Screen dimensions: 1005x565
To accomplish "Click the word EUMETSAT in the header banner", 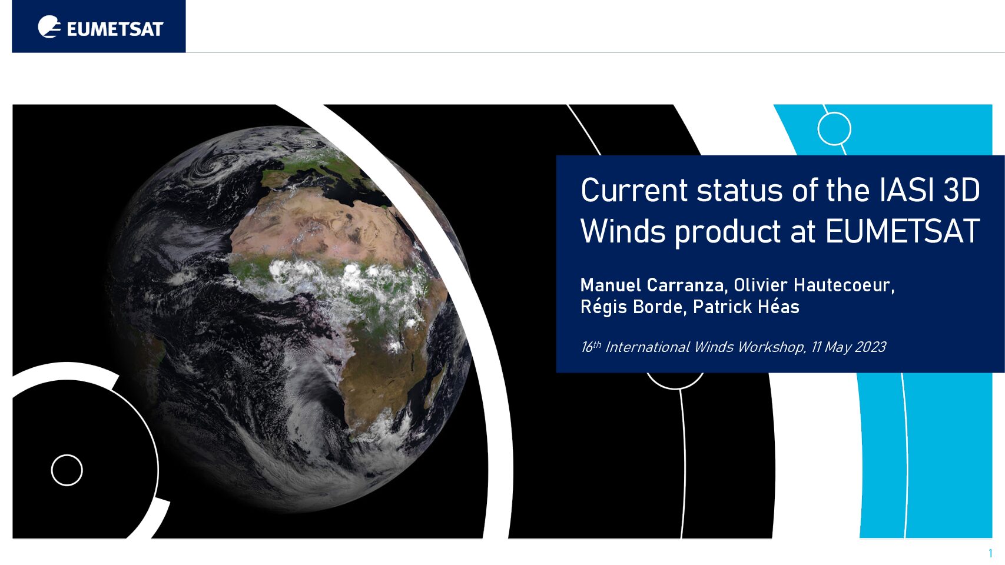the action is (115, 29).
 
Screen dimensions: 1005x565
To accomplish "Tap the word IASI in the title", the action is (907, 190).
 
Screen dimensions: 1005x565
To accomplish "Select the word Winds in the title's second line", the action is (623, 231).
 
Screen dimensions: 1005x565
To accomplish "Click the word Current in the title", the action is (634, 191).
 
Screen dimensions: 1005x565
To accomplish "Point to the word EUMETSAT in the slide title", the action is (902, 231).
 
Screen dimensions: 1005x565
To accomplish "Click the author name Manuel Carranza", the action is (654, 285).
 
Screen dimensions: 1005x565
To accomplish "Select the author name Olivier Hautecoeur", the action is (814, 285).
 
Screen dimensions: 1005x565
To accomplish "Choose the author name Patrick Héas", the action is (746, 307).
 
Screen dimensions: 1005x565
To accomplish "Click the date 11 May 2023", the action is (848, 347).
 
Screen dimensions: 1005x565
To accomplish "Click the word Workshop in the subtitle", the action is (771, 347).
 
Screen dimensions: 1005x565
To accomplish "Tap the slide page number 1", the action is (990, 553).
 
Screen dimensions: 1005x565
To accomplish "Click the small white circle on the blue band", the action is (834, 129).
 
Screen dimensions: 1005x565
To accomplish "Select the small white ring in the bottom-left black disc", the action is (67, 470).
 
